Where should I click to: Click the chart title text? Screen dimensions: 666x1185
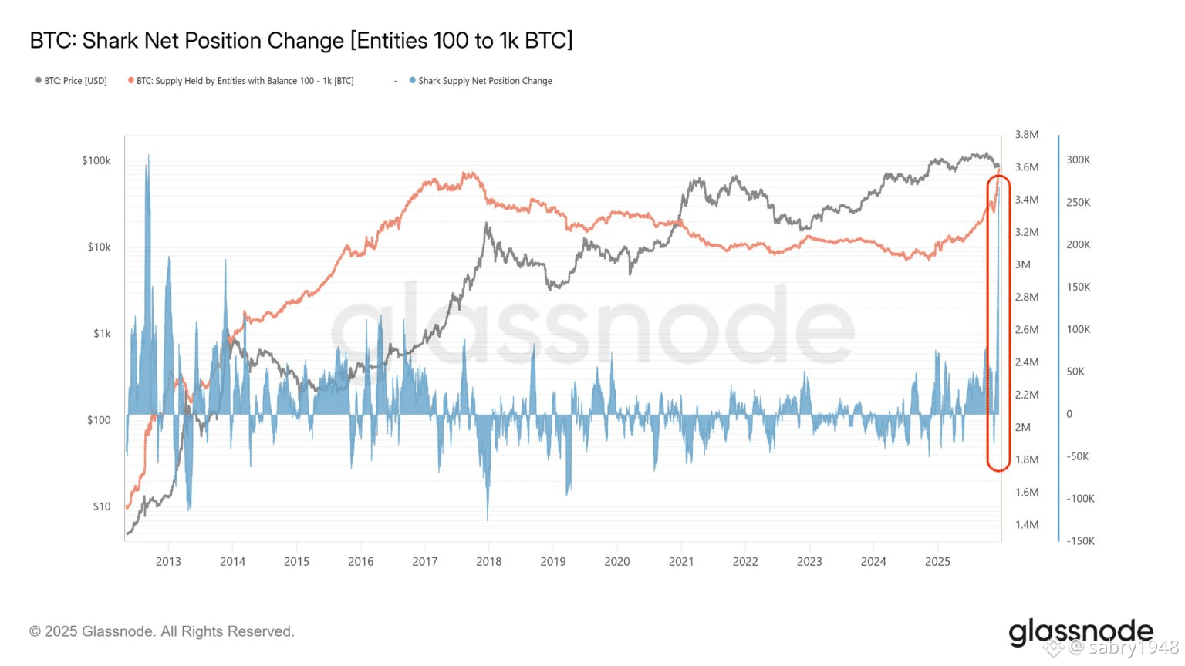click(x=301, y=40)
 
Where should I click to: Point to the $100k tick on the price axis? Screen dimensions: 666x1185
click(x=96, y=161)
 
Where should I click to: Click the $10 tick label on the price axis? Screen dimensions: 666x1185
click(x=102, y=506)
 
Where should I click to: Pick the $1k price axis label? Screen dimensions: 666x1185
click(x=102, y=334)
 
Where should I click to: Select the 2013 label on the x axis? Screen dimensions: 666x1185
click(x=168, y=562)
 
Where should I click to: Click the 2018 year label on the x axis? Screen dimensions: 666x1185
click(x=489, y=562)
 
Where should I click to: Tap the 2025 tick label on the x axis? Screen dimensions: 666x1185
click(x=937, y=562)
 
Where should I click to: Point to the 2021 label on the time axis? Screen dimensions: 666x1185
click(x=681, y=562)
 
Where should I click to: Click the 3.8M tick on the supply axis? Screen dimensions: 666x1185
click(x=1026, y=135)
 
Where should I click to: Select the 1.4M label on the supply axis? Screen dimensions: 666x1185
click(x=1026, y=525)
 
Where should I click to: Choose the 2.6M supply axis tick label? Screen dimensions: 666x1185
click(x=1026, y=330)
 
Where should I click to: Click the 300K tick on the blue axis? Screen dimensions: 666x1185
click(x=1078, y=160)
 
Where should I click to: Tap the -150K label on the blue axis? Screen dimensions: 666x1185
click(x=1080, y=541)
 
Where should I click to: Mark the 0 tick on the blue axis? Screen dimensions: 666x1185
click(x=1069, y=414)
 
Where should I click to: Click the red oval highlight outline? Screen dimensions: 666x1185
click(x=988, y=324)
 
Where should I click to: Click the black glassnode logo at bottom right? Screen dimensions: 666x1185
click(x=1080, y=632)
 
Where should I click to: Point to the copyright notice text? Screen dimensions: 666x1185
click(x=162, y=631)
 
